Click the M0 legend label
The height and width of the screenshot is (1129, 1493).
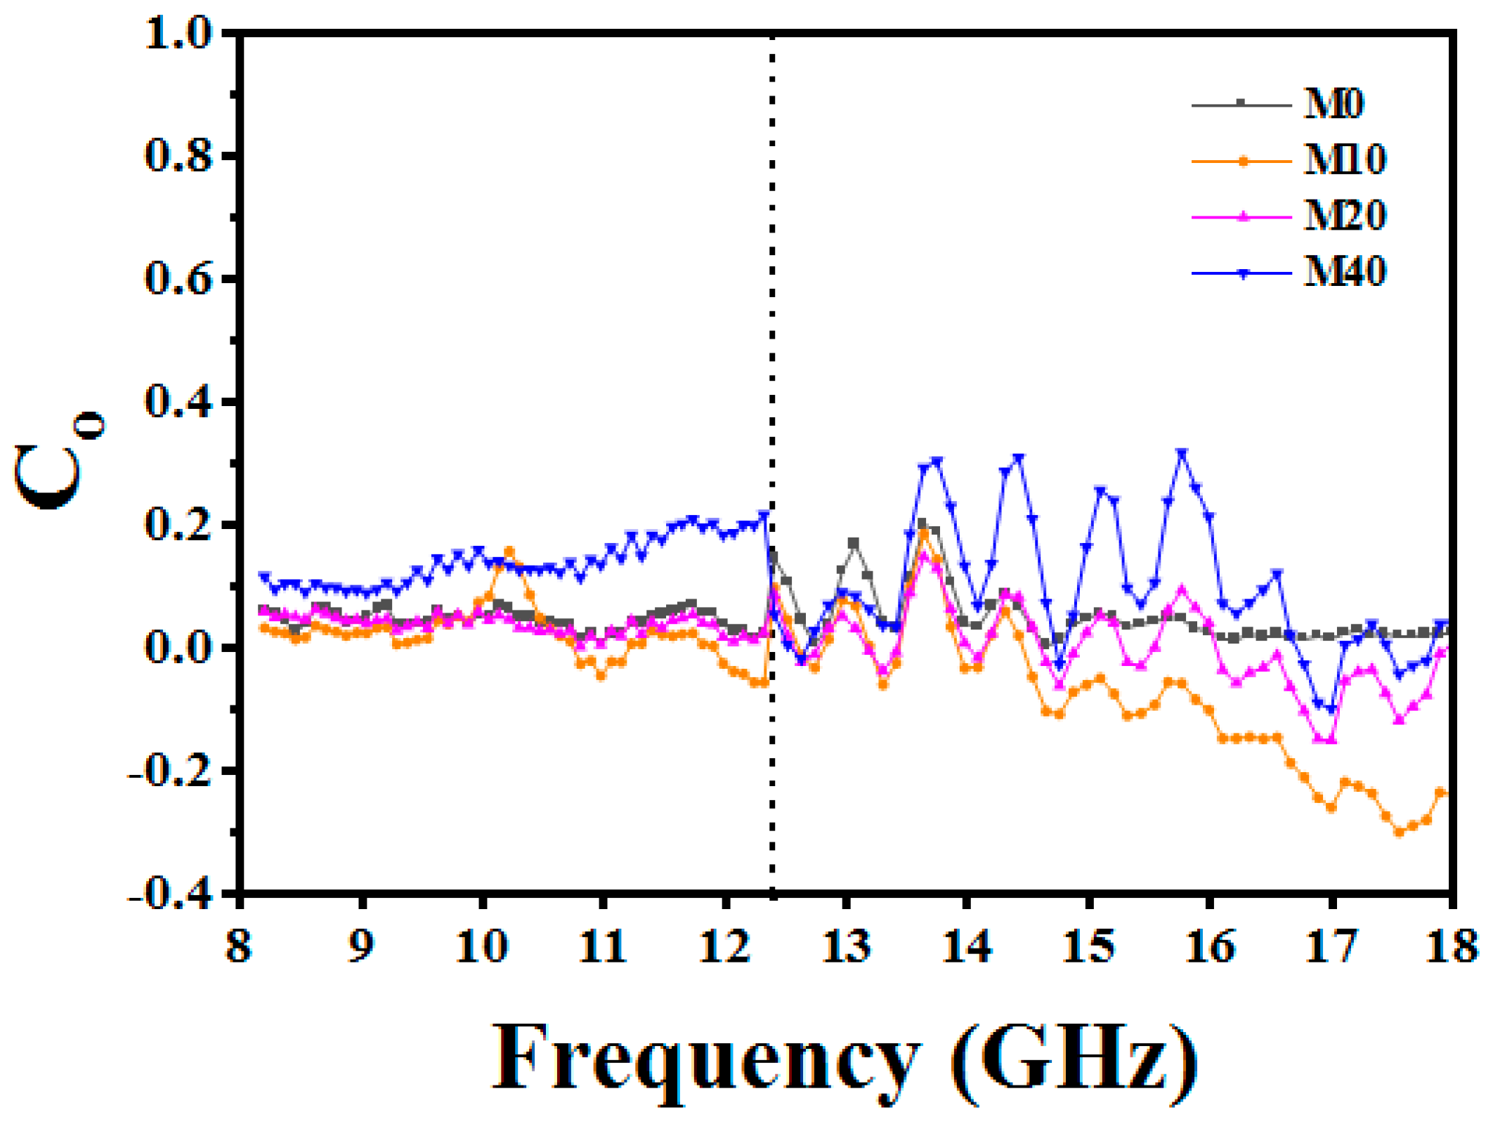[x=1333, y=105]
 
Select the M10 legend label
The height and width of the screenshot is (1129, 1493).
[x=1344, y=160]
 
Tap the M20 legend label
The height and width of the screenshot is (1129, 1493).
[x=1344, y=216]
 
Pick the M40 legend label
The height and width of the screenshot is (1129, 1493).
[x=1344, y=272]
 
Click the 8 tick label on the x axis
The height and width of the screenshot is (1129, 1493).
[x=239, y=946]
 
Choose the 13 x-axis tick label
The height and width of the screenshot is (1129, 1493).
[x=847, y=946]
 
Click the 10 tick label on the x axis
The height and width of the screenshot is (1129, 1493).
[x=481, y=946]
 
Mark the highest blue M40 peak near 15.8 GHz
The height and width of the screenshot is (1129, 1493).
[x=1182, y=454]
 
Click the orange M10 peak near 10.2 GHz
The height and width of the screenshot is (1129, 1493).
[x=509, y=552]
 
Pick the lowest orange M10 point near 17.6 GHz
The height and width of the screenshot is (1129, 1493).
[x=1399, y=833]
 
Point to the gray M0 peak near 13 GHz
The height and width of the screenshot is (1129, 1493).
[x=854, y=543]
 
